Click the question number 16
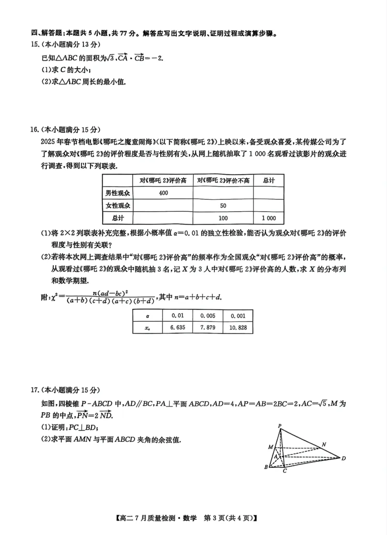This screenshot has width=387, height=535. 35,130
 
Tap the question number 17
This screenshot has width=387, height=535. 35,390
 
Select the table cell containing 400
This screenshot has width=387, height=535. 163,193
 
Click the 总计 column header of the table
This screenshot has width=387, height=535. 268,180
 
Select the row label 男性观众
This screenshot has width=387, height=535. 118,193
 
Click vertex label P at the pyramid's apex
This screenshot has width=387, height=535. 280,426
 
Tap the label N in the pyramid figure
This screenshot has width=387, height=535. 323,444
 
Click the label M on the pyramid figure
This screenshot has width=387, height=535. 270,447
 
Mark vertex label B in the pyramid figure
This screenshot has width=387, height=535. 266,467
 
